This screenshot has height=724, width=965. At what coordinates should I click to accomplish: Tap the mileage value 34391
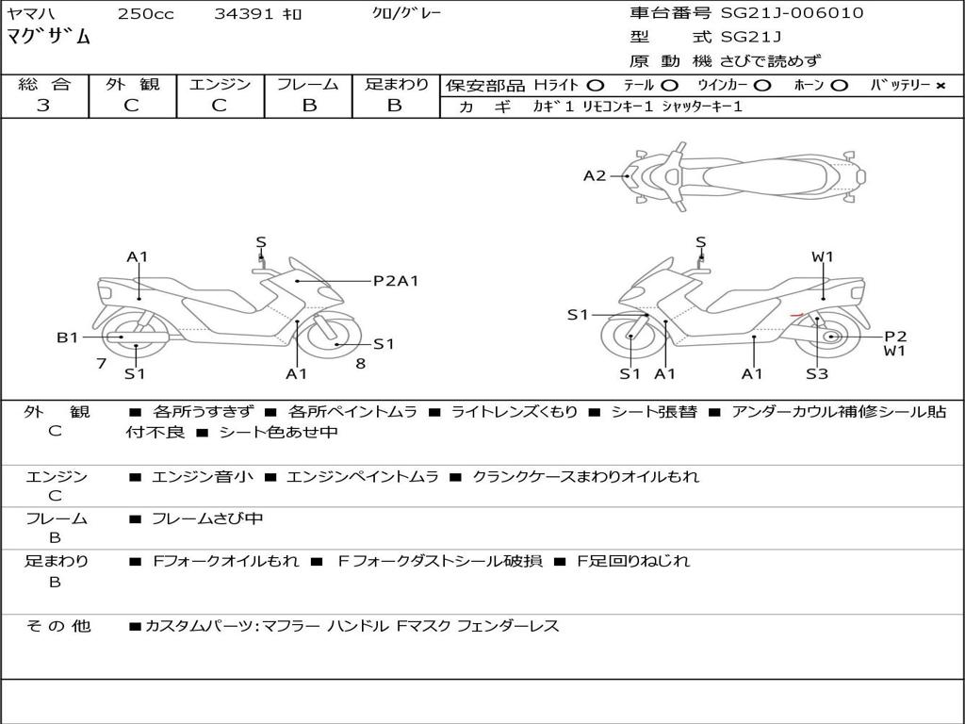[x=240, y=14]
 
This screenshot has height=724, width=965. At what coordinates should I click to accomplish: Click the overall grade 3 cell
[x=43, y=106]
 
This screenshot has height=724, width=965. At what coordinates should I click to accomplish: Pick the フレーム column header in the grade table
[x=308, y=85]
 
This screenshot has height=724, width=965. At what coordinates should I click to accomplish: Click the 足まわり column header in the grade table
[x=396, y=85]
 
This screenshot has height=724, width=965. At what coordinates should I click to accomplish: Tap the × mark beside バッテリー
[x=940, y=86]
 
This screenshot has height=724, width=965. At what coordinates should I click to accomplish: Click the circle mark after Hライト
[x=595, y=86]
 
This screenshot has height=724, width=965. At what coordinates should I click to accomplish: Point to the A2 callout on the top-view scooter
[x=595, y=175]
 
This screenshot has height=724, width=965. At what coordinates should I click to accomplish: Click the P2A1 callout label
[x=396, y=280]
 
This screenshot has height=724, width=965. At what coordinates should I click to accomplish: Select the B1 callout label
[x=67, y=337]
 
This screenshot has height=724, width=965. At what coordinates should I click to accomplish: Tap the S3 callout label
[x=816, y=374]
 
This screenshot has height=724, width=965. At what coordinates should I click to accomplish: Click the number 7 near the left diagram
[x=101, y=363]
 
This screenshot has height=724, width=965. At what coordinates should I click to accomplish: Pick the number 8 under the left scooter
[x=360, y=363]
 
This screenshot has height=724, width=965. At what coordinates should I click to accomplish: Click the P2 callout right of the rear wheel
[x=895, y=336]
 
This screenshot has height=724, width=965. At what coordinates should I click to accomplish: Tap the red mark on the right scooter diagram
[x=795, y=314]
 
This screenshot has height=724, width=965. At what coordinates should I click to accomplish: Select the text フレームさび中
[x=207, y=518]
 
